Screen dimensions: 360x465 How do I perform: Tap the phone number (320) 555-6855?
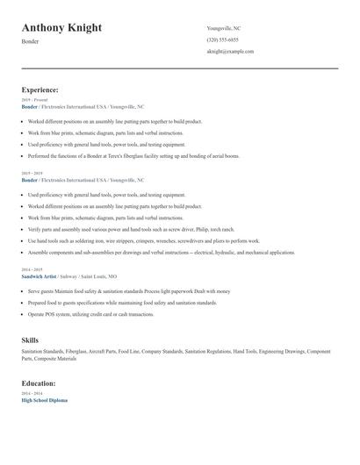tap(222, 39)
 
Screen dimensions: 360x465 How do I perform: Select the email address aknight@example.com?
tap(230, 52)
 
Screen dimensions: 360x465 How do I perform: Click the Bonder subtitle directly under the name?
tap(30, 42)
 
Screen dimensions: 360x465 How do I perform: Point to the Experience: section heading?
tap(40, 89)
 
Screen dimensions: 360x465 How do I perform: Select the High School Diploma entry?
tap(44, 400)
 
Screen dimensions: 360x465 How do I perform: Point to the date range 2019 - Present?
tap(34, 100)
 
